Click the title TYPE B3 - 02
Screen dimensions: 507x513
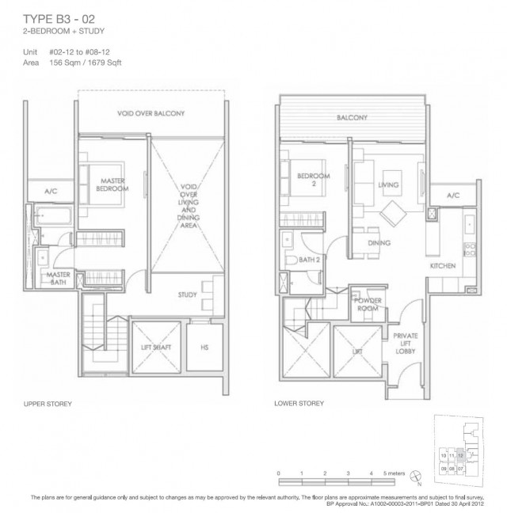pyautogui.click(x=59, y=19)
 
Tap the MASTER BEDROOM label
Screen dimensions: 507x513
pyautogui.click(x=112, y=184)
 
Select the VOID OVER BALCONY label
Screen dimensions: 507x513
pyautogui.click(x=151, y=113)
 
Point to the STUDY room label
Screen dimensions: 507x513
pyautogui.click(x=187, y=294)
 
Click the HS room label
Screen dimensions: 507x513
pyautogui.click(x=204, y=348)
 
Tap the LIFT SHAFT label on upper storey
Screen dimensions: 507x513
pyautogui.click(x=156, y=348)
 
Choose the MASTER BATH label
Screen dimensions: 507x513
pyautogui.click(x=59, y=279)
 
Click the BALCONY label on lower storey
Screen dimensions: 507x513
pyautogui.click(x=352, y=117)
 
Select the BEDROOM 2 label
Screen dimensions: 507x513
pyautogui.click(x=313, y=180)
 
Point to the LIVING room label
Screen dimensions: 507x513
pyautogui.click(x=388, y=184)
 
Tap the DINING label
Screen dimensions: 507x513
pyautogui.click(x=379, y=243)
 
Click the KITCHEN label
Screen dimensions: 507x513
pyautogui.click(x=443, y=266)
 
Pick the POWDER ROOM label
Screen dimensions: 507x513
pyautogui.click(x=368, y=305)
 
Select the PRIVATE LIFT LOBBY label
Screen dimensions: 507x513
pyautogui.click(x=406, y=344)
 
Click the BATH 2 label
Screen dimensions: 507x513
pyautogui.click(x=309, y=260)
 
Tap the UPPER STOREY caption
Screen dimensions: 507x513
pyautogui.click(x=48, y=404)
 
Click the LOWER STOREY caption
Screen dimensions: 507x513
pyautogui.click(x=299, y=404)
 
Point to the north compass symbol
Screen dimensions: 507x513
pyautogui.click(x=416, y=476)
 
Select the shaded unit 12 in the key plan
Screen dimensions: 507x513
pyautogui.click(x=460, y=455)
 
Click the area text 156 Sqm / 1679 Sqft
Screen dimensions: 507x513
pyautogui.click(x=85, y=63)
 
